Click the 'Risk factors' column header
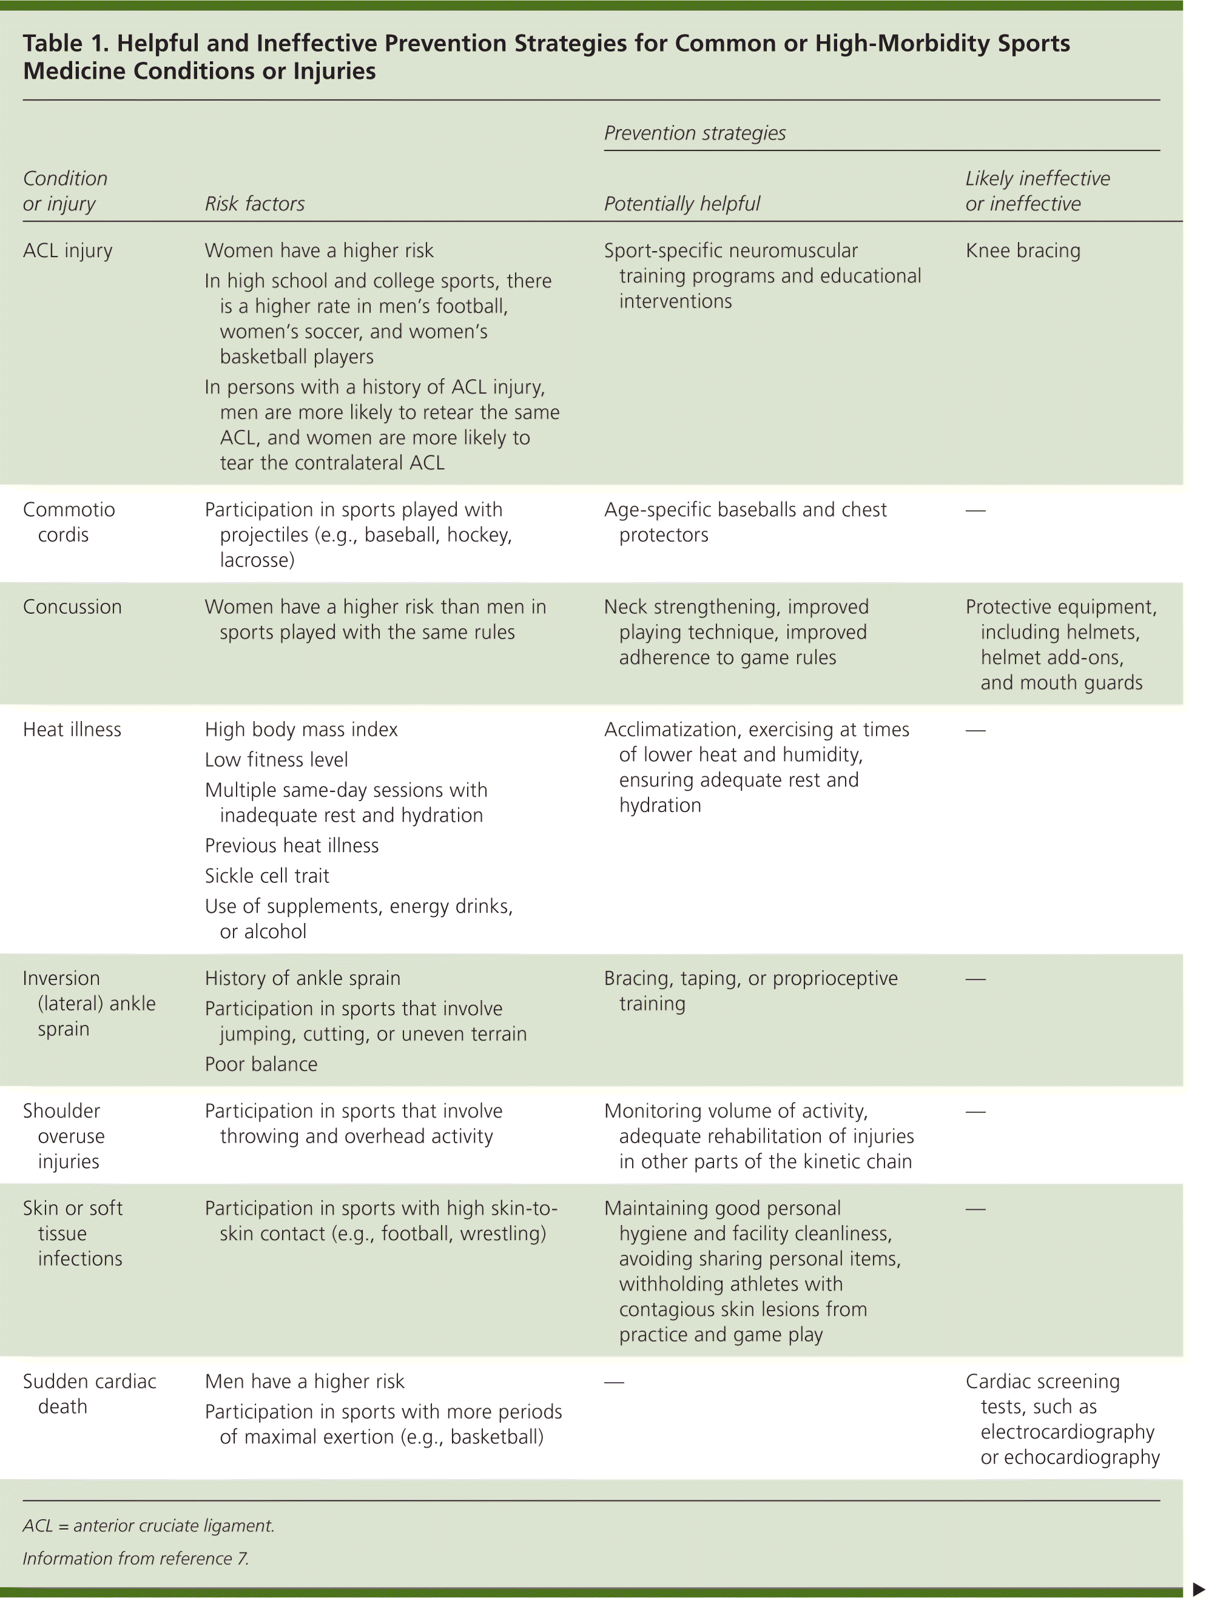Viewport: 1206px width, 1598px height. (254, 204)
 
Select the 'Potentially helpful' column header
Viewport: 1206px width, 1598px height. (681, 204)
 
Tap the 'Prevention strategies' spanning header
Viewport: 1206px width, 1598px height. (695, 133)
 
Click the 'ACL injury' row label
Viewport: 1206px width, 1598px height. (67, 250)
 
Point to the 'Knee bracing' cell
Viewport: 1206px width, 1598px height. (1022, 250)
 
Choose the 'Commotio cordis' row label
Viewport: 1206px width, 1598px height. (69, 522)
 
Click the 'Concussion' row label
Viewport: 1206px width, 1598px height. (72, 607)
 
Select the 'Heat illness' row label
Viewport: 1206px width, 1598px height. (72, 730)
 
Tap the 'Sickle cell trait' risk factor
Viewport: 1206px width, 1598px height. (267, 876)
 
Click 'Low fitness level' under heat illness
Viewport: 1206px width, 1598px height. (276, 760)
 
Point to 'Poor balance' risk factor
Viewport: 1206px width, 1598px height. (261, 1064)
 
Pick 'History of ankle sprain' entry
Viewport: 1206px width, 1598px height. (302, 978)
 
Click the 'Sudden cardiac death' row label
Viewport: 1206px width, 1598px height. (89, 1394)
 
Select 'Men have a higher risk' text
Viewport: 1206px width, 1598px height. (304, 1381)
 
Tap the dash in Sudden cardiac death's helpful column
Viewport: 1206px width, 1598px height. (613, 1382)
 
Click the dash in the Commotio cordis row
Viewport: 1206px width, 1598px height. (975, 511)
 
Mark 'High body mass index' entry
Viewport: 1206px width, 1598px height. (301, 730)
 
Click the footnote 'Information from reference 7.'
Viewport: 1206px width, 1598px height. (135, 1558)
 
